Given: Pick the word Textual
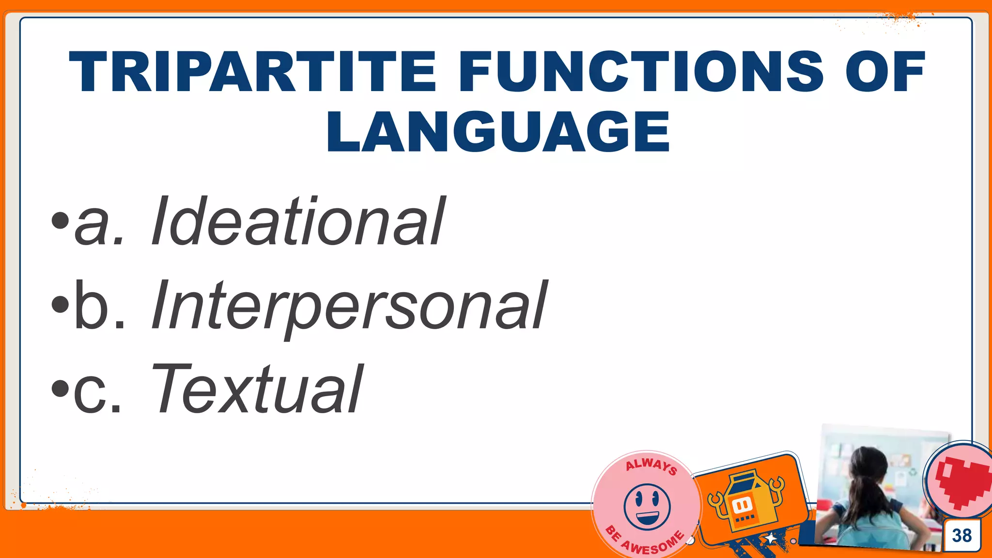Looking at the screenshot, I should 257,389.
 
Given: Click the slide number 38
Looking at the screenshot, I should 961,535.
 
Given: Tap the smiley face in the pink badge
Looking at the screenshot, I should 647,507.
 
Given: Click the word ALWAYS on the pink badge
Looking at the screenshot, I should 651,466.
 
